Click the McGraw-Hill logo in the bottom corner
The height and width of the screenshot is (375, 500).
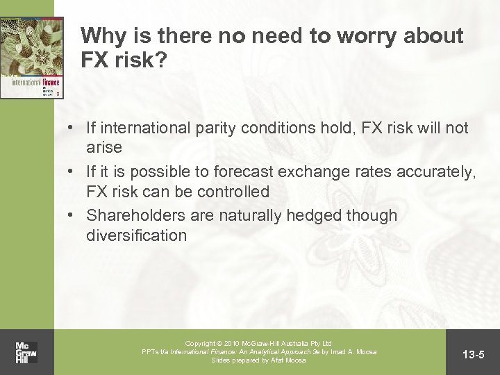(27, 352)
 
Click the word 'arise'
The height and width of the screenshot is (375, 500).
(105, 147)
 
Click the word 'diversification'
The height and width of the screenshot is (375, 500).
(136, 235)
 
